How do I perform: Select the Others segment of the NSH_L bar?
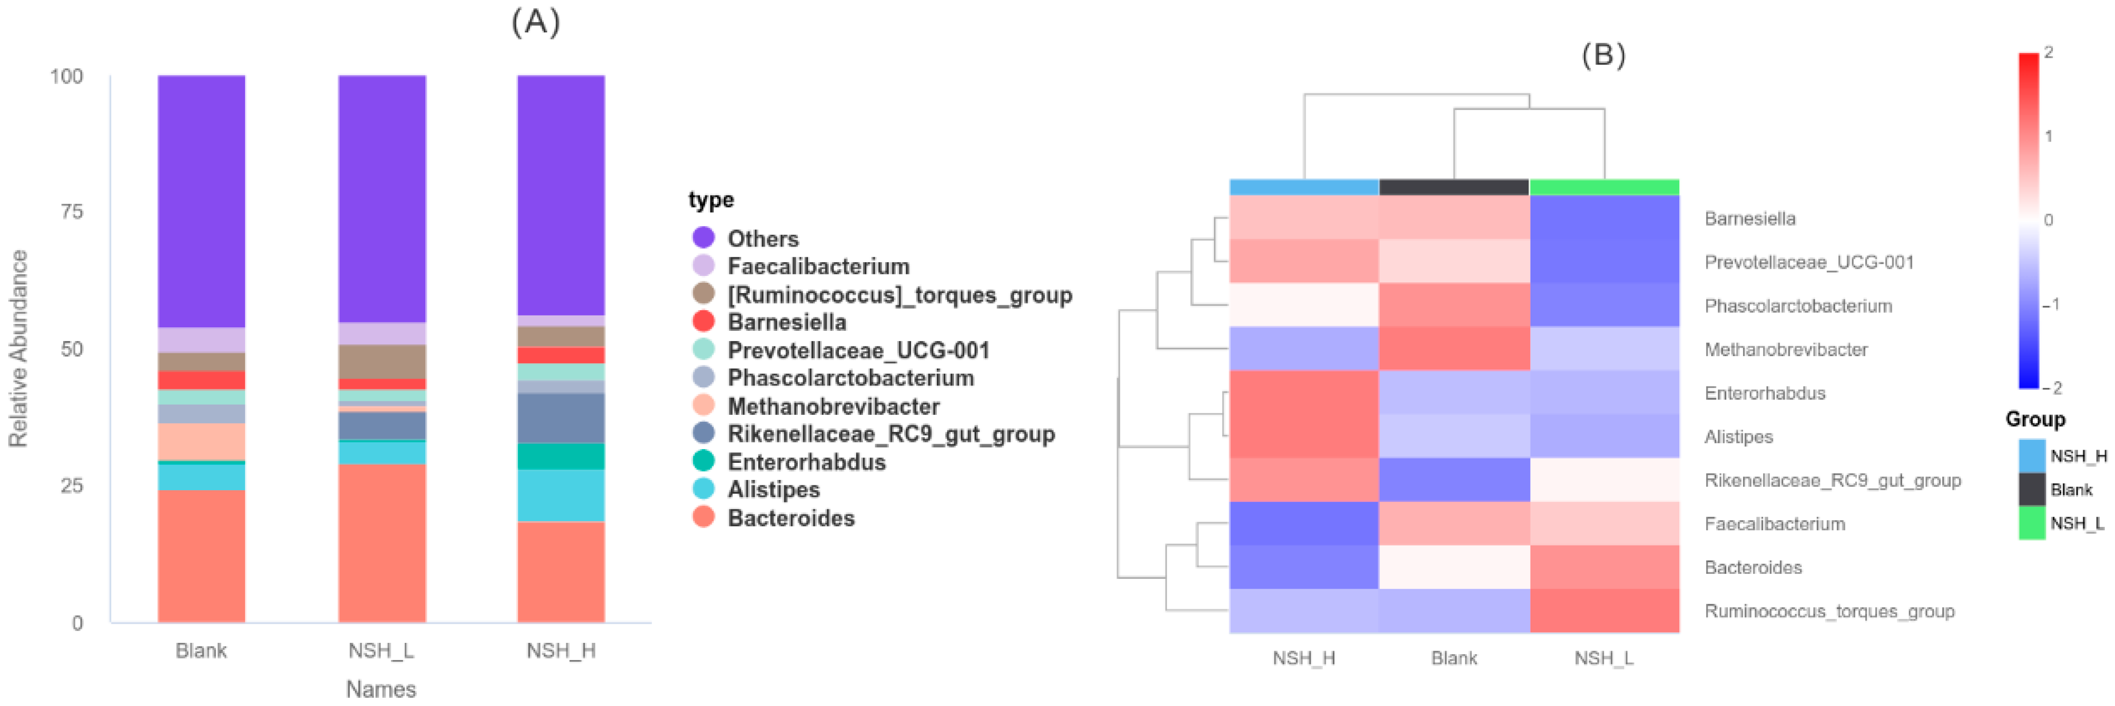pos(382,198)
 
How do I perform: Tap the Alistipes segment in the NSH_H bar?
pos(561,495)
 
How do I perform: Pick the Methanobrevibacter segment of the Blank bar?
pos(201,442)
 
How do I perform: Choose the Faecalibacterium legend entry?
pos(818,266)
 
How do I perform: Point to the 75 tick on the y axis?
pos(72,212)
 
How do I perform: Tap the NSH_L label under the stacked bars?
pos(381,650)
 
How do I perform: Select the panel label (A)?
pos(535,22)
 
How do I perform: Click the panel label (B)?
pos(1603,55)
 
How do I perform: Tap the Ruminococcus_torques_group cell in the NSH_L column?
pos(1604,611)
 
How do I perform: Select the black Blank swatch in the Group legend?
pos(2031,489)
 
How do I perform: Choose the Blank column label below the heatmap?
pos(1453,658)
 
